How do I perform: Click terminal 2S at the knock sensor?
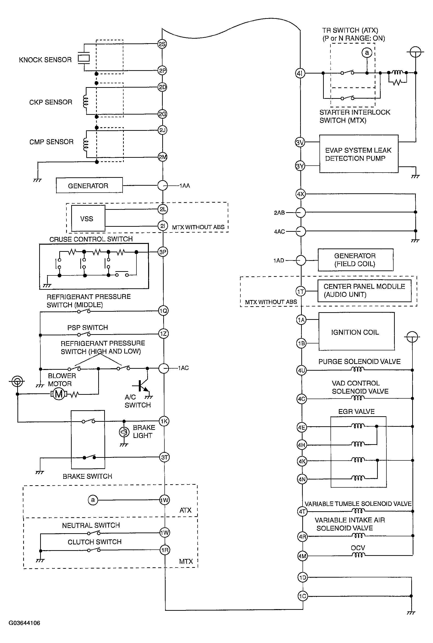tap(162, 44)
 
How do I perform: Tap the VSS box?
tap(88, 218)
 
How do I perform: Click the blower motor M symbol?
tap(59, 394)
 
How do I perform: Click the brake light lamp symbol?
tap(124, 432)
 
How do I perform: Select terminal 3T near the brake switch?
tap(164, 457)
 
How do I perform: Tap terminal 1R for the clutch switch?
tap(165, 550)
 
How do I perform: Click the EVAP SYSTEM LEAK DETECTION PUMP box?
tap(359, 154)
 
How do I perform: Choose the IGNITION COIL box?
tap(357, 332)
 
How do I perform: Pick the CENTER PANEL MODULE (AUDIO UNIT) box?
tap(364, 291)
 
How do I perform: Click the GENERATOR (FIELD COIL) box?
tap(355, 260)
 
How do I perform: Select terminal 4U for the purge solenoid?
tap(301, 370)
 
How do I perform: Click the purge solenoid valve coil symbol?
tap(358, 369)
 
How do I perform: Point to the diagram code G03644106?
tap(24, 623)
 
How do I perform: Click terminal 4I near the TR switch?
tap(300, 73)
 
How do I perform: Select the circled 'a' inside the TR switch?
tap(367, 53)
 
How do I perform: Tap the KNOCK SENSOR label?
tap(45, 60)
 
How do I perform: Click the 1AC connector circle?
tap(164, 368)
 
